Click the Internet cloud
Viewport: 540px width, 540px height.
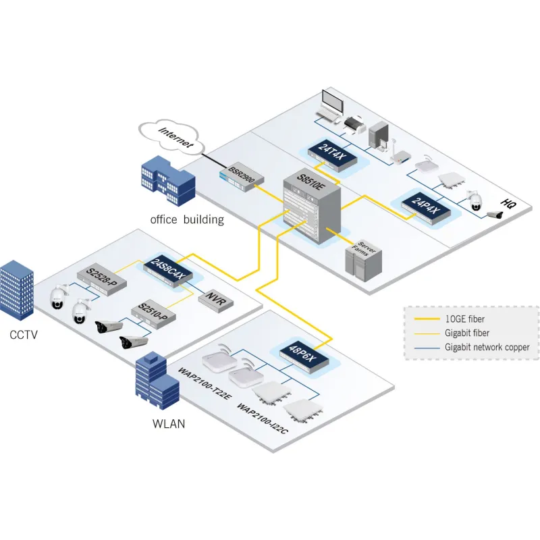(x=171, y=135)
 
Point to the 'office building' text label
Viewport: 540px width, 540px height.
(x=187, y=219)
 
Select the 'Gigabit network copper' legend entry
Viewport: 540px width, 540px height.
(x=487, y=347)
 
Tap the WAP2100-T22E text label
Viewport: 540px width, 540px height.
(x=206, y=383)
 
